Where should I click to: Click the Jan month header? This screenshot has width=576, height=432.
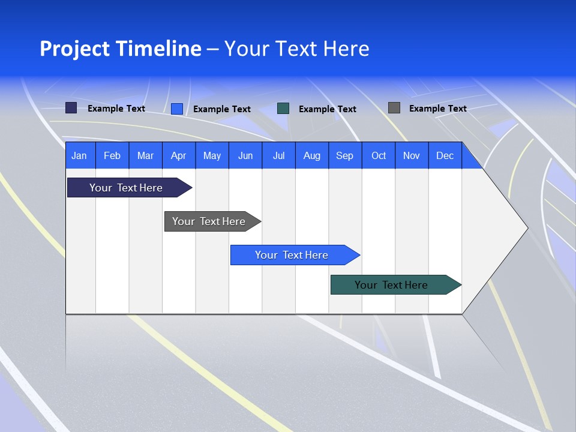(80, 155)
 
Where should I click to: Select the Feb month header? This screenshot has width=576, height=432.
(112, 155)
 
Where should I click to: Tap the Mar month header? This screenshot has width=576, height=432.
(145, 155)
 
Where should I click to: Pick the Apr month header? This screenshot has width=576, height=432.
(179, 155)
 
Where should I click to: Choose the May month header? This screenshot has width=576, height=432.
(212, 155)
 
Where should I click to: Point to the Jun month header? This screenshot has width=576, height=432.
(245, 155)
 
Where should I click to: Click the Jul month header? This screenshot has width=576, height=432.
(278, 155)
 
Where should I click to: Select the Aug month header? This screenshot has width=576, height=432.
(312, 155)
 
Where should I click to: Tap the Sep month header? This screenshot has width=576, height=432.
(345, 155)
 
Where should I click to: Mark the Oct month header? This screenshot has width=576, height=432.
(379, 155)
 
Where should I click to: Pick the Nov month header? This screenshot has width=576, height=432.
(412, 155)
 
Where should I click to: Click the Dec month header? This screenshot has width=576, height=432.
(445, 155)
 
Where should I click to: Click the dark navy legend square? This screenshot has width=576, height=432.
(71, 108)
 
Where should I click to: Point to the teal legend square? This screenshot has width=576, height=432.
(283, 109)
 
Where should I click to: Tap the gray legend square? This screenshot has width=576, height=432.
(394, 108)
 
